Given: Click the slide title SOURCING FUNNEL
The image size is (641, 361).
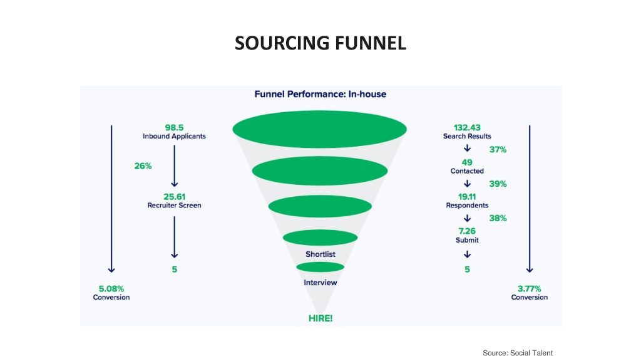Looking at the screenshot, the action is [320, 43].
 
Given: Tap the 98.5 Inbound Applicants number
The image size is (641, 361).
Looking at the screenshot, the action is [174, 128].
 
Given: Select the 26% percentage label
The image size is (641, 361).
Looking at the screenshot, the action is [143, 165].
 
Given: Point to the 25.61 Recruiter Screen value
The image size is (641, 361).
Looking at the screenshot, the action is [174, 197].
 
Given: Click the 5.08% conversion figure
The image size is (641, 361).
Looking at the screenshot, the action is [111, 288].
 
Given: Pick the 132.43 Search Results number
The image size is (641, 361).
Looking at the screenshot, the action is [467, 128].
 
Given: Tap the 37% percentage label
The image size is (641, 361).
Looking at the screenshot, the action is [498, 150].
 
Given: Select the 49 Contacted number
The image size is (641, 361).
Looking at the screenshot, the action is [467, 162].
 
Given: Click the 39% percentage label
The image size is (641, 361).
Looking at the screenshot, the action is [498, 184].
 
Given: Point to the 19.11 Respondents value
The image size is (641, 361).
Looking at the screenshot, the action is [467, 197].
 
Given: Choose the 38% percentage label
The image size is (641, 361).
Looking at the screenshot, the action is [498, 219].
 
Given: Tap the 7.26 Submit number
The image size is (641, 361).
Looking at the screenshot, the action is [467, 231].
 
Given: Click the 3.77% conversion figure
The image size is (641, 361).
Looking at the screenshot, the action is [530, 288].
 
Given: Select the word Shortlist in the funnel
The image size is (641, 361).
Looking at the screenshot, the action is [320, 254].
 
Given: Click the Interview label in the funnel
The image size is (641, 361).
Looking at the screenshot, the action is [320, 283].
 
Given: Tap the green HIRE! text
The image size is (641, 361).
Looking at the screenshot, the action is [320, 318].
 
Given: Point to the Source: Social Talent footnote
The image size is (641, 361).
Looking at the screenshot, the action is [518, 353].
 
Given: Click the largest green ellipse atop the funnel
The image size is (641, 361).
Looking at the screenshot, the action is [320, 129].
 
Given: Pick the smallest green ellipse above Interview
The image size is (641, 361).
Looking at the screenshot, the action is [320, 267].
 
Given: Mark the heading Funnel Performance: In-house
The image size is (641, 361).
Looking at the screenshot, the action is [320, 94].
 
